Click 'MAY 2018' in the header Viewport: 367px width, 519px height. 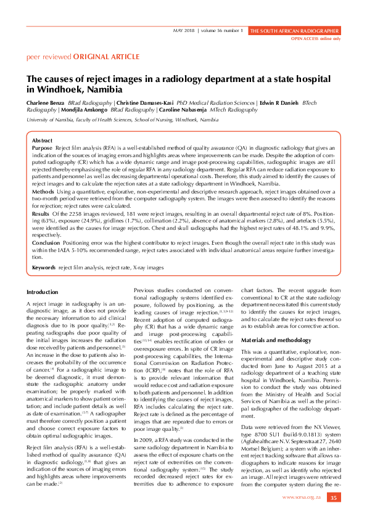(183, 30)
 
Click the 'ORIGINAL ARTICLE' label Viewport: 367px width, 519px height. (106, 57)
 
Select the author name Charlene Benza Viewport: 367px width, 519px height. (45, 102)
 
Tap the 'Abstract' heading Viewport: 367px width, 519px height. (42, 141)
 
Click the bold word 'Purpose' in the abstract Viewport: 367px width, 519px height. (42, 149)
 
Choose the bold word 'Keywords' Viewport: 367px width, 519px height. (44, 268)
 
